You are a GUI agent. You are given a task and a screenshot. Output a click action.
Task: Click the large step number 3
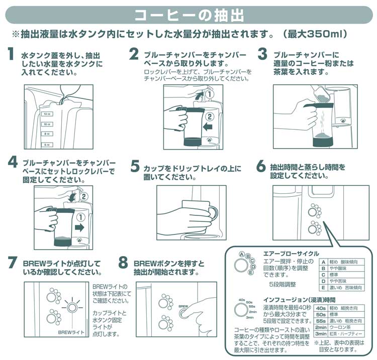[262, 54]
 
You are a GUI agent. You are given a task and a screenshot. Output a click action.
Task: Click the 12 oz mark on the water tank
[47, 114]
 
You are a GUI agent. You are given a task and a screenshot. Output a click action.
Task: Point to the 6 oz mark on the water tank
[47, 144]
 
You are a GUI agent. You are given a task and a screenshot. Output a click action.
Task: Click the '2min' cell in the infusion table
[321, 327]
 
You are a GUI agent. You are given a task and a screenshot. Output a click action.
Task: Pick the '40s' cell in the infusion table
[321, 307]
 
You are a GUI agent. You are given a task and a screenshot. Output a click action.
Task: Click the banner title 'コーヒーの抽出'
[189, 15]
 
